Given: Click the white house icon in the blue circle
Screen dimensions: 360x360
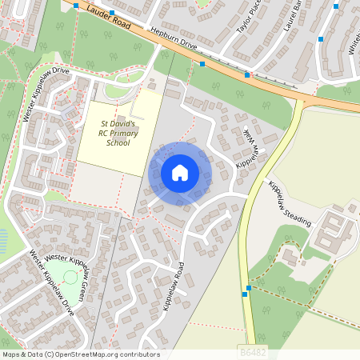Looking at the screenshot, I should click(x=180, y=172).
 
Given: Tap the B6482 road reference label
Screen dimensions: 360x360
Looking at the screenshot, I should click(x=253, y=350).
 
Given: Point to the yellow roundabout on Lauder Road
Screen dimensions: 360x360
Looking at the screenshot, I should click(x=305, y=102).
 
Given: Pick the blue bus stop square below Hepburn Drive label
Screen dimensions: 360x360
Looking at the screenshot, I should click(x=202, y=63).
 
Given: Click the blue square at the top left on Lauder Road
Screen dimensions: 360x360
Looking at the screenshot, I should click(x=76, y=5).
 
